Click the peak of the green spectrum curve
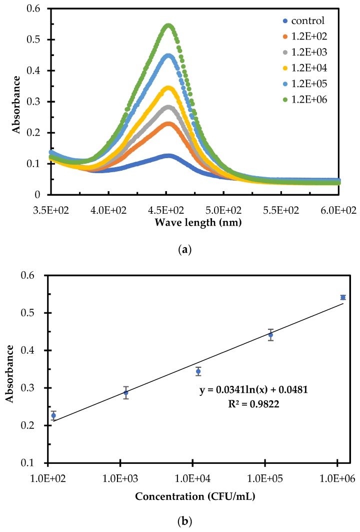coord(168,26)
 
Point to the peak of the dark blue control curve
coord(168,156)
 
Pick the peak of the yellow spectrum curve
coord(168,89)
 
